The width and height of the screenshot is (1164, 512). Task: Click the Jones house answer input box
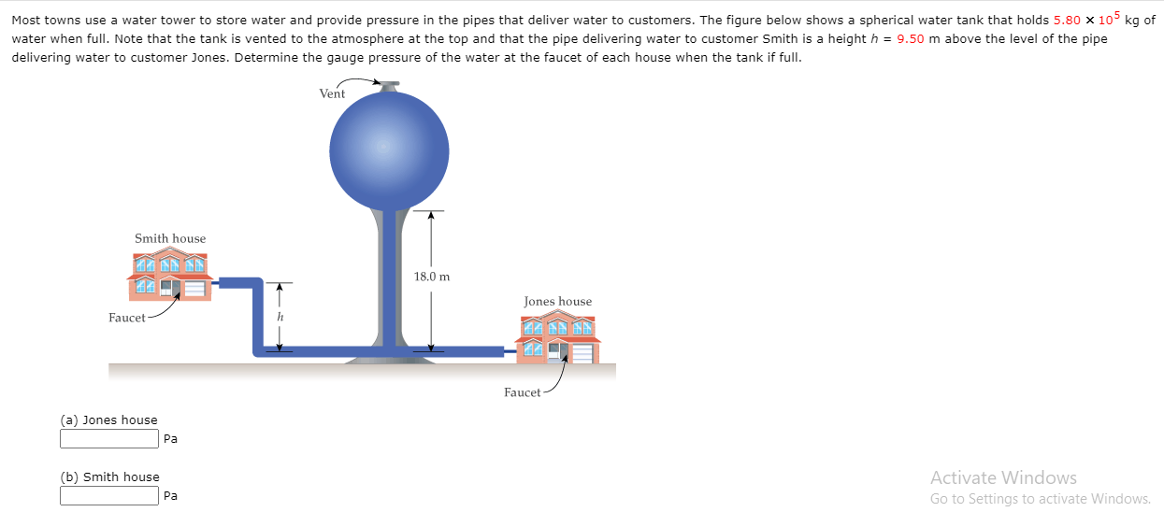pyautogui.click(x=109, y=439)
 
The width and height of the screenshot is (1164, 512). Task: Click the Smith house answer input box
pyautogui.click(x=109, y=496)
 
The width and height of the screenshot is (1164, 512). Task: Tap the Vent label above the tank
pyautogui.click(x=332, y=93)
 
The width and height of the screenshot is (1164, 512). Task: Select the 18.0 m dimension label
pyautogui.click(x=431, y=277)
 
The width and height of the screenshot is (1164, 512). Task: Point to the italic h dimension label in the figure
pyautogui.click(x=279, y=318)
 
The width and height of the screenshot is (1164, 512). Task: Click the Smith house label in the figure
pyautogui.click(x=170, y=238)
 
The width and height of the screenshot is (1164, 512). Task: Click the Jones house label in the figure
pyautogui.click(x=557, y=301)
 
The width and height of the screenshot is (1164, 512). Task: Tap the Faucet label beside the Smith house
pyautogui.click(x=126, y=318)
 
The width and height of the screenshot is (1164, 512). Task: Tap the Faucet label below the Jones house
pyautogui.click(x=522, y=392)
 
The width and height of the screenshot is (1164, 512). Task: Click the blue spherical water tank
pyautogui.click(x=389, y=149)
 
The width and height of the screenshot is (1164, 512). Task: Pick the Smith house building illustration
pyautogui.click(x=170, y=277)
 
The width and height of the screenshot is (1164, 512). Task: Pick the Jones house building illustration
pyautogui.click(x=558, y=339)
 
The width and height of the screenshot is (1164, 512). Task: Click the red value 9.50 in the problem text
pyautogui.click(x=911, y=38)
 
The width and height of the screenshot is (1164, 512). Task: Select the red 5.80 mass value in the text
pyautogui.click(x=1067, y=20)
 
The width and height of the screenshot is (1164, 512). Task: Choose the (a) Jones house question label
pyautogui.click(x=108, y=420)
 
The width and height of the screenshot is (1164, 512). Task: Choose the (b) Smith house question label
pyautogui.click(x=109, y=476)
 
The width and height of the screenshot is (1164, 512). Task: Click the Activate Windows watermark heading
pyautogui.click(x=1003, y=477)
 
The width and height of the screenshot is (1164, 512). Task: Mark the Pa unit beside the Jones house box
pyautogui.click(x=170, y=439)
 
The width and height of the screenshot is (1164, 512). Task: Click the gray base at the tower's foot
pyautogui.click(x=389, y=357)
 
